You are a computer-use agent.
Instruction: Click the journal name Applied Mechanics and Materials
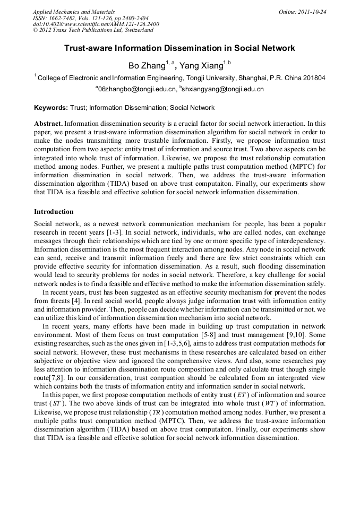pyautogui.click(x=73, y=11)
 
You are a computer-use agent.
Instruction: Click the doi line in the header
pyautogui.click(x=96, y=24)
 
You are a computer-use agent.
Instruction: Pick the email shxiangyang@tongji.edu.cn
pyautogui.click(x=223, y=89)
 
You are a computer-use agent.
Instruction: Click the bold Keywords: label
pyautogui.click(x=51, y=108)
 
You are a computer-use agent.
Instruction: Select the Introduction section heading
pyautogui.click(x=54, y=212)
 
